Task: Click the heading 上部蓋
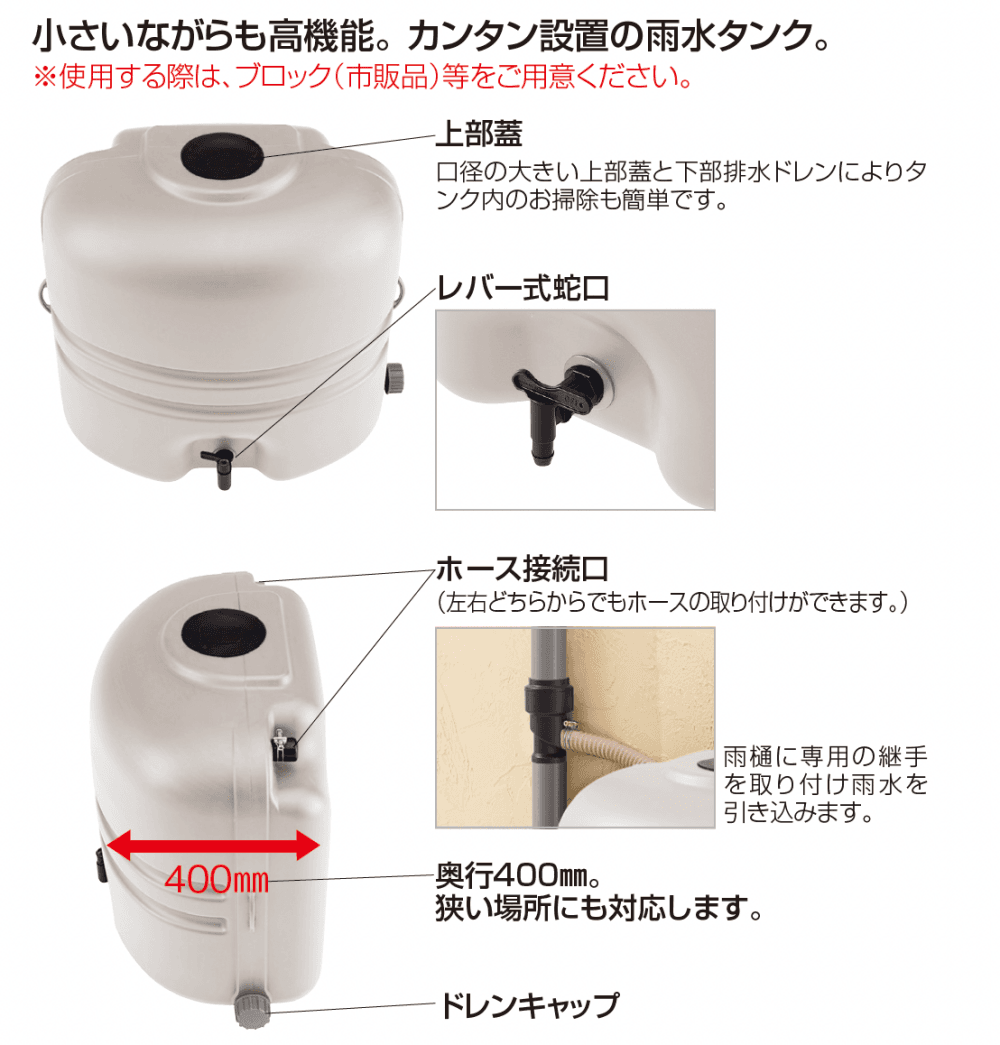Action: pyautogui.click(x=479, y=133)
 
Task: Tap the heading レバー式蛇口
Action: pyautogui.click(x=523, y=289)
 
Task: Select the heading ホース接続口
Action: pyautogui.click(x=523, y=570)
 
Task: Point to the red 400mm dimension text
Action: pyautogui.click(x=217, y=879)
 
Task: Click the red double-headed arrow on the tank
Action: pyautogui.click(x=213, y=845)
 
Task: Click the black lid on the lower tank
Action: pyautogui.click(x=224, y=632)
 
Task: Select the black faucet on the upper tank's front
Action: pyautogui.click(x=220, y=467)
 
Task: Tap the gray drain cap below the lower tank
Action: pyautogui.click(x=253, y=1010)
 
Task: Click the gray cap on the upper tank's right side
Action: pyautogui.click(x=395, y=377)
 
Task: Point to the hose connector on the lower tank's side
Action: pyautogui.click(x=284, y=745)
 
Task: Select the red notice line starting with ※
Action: pyautogui.click(x=364, y=77)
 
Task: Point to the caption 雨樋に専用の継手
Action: pyautogui.click(x=825, y=757)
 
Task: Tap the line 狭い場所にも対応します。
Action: pyautogui.click(x=599, y=908)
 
